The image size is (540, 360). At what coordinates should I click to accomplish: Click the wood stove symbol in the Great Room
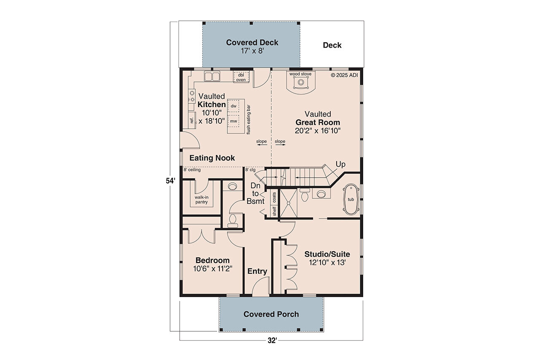300,83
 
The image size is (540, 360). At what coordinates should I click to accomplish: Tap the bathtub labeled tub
351,200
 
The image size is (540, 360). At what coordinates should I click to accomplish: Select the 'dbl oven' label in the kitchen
241,77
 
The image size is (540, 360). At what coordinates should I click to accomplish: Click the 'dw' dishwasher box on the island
233,106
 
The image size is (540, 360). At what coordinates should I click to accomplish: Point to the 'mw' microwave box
233,121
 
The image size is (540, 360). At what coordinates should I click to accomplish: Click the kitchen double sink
212,76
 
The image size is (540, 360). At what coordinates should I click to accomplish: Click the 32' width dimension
271,340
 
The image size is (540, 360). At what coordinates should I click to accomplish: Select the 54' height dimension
170,180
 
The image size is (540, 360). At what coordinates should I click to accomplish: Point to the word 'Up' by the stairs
340,164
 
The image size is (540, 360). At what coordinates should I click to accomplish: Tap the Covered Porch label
271,314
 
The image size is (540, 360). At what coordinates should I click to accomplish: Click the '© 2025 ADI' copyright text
344,76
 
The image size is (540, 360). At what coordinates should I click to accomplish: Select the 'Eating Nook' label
212,158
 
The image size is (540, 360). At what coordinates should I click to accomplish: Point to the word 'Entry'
257,271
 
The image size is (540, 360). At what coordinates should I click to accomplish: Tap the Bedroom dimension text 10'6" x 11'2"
212,268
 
